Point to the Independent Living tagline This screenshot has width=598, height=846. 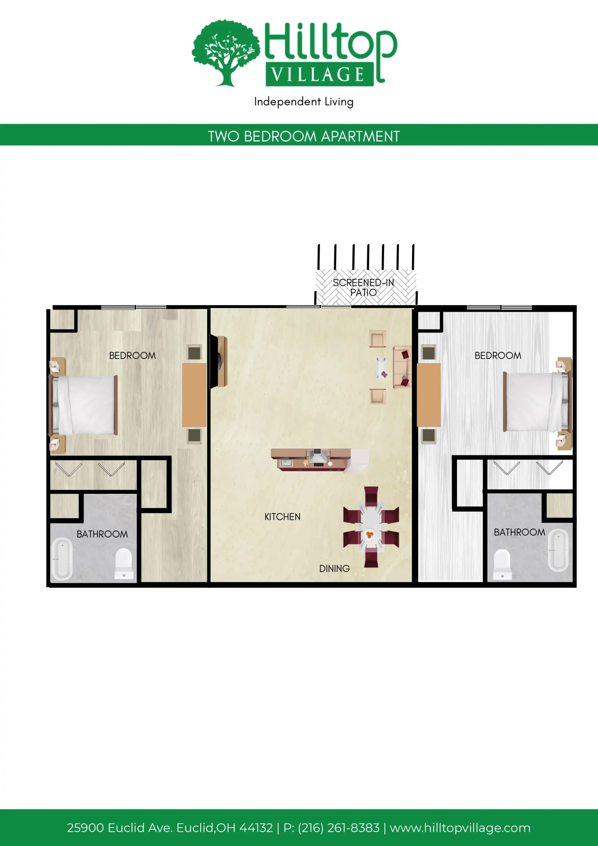point(304,102)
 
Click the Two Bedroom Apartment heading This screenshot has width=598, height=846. point(304,136)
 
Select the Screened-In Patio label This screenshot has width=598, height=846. point(363,288)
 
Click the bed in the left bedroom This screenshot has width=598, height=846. point(83,405)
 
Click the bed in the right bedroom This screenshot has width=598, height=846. point(537,402)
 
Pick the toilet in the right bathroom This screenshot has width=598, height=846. point(502,564)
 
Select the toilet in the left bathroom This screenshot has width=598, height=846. point(124,564)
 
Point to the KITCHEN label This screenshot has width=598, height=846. point(282,517)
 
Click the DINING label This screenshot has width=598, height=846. point(335,568)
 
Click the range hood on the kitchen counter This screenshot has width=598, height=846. point(317,456)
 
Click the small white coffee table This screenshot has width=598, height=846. point(381,368)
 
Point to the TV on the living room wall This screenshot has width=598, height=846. point(219,361)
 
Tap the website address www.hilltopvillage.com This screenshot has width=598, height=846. point(460,827)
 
